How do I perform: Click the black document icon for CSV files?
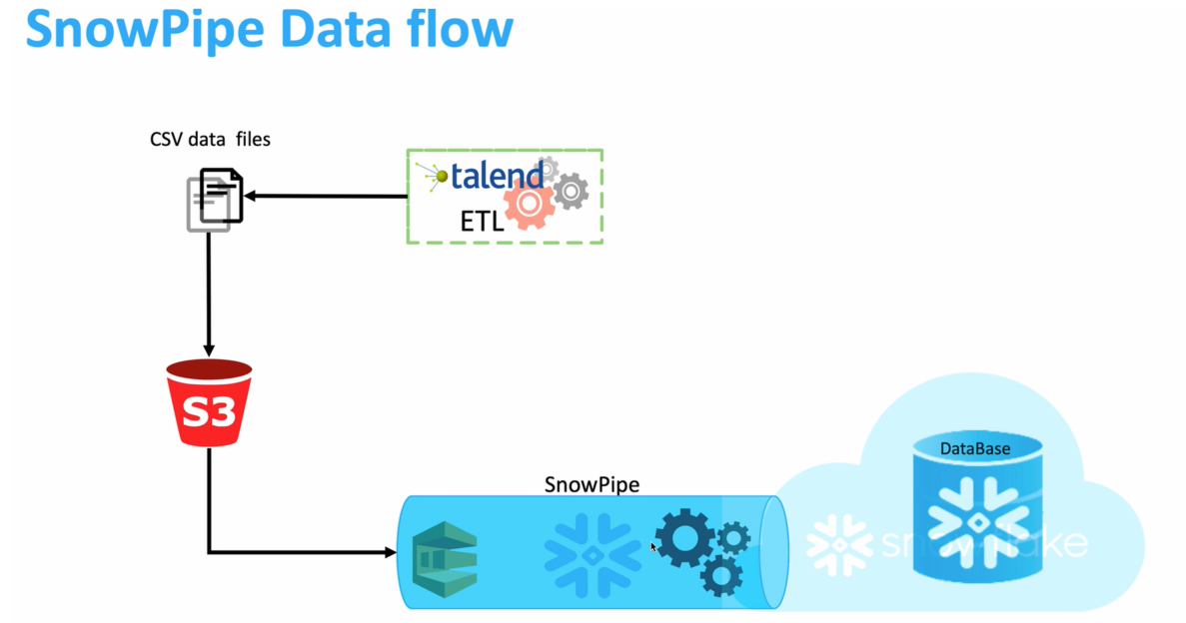(x=221, y=195)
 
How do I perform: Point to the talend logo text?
(x=497, y=176)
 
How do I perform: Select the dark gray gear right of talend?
(x=571, y=190)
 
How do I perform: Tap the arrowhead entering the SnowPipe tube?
(x=390, y=551)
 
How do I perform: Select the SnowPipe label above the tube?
(x=592, y=485)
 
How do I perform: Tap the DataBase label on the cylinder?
(x=974, y=448)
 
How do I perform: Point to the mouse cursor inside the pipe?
(x=653, y=546)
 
